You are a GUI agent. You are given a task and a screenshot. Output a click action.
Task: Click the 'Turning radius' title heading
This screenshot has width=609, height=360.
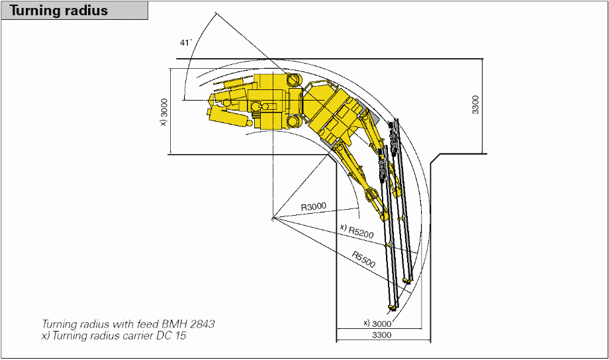pos(59,11)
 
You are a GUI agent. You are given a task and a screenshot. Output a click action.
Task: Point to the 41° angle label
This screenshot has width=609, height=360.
pos(185,42)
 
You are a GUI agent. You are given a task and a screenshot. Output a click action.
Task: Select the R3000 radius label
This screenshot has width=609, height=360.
pos(314,207)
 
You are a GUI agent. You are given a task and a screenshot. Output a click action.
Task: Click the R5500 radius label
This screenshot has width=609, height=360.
pos(363,259)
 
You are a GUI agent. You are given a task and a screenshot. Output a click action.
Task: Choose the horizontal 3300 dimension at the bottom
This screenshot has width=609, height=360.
pos(381,336)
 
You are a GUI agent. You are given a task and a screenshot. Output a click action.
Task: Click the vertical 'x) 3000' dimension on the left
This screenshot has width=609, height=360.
pos(164,111)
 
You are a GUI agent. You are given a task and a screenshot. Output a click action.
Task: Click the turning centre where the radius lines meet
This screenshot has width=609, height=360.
pos(272,218)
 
